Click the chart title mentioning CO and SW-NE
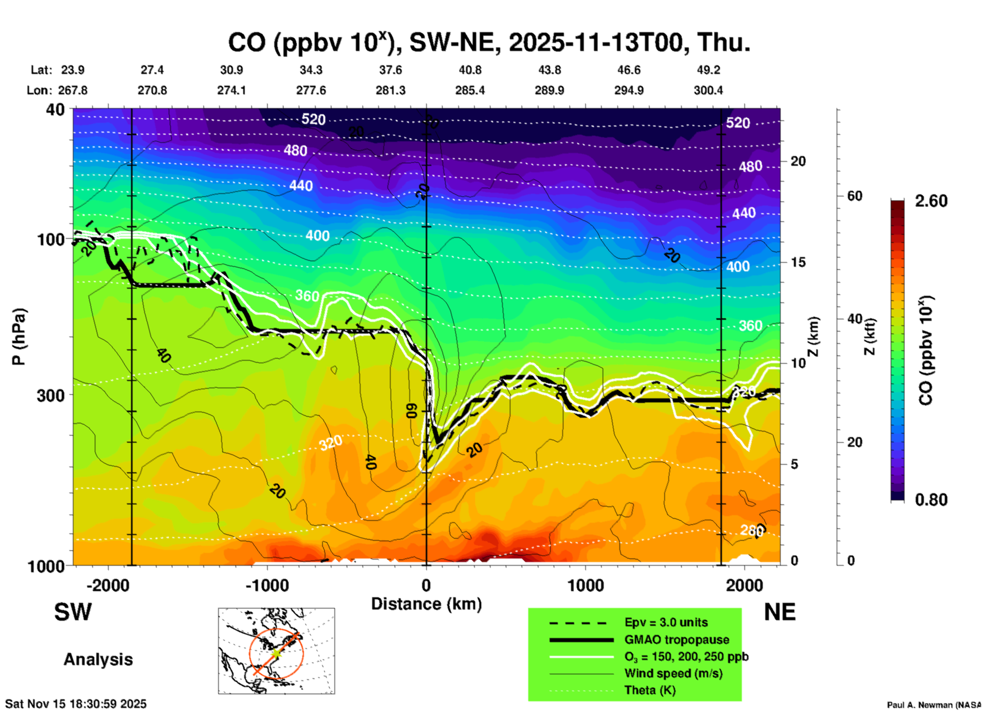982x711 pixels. (488, 43)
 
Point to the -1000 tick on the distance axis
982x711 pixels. (267, 585)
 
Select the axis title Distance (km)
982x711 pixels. (426, 604)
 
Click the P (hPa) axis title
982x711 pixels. (18, 337)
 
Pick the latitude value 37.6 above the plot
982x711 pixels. (390, 70)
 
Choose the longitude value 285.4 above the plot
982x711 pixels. (470, 91)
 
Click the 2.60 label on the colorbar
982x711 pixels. (931, 201)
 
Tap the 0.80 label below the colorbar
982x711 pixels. (931, 500)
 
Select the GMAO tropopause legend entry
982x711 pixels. (677, 640)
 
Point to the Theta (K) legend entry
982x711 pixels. (650, 690)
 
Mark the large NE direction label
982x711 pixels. (780, 612)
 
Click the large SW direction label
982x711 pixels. (73, 612)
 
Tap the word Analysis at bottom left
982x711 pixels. (98, 659)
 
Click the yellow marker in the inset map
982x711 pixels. (276, 653)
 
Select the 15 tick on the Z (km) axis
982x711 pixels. (798, 262)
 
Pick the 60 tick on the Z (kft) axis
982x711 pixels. (855, 196)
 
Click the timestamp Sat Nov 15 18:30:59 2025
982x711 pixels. (75, 704)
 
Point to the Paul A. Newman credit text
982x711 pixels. (934, 705)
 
